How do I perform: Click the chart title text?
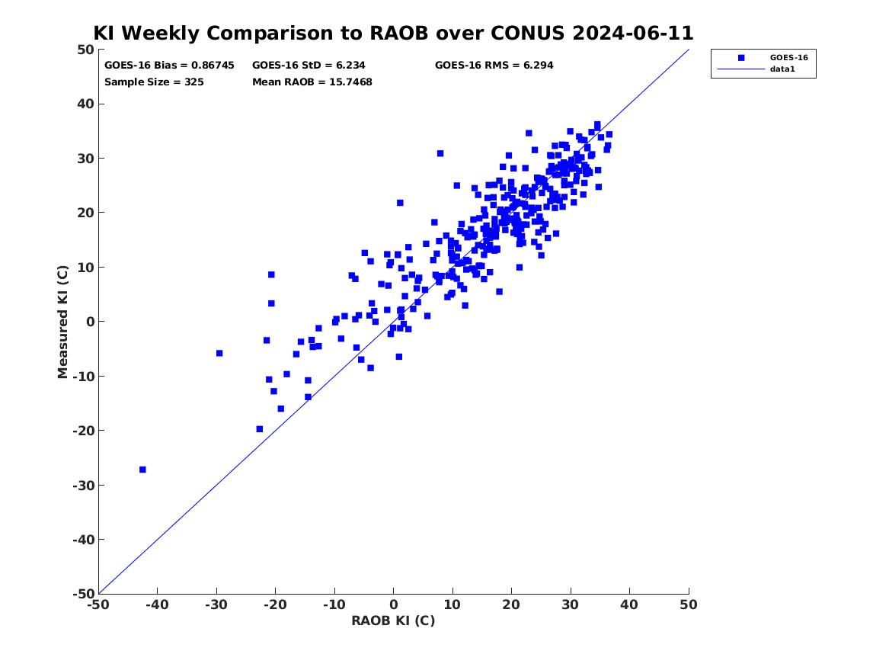[393, 33]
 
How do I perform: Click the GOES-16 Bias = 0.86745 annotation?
[169, 66]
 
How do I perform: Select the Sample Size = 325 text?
[154, 82]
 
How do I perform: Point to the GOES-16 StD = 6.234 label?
[309, 66]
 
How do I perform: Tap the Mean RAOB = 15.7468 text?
[312, 82]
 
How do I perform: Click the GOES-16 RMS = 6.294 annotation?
[494, 66]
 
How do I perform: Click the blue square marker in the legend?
[741, 57]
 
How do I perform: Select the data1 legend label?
[782, 69]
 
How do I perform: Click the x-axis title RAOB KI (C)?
[393, 621]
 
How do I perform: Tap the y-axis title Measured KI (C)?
[63, 322]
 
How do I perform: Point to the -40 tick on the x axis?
[157, 605]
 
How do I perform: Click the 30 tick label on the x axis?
[571, 605]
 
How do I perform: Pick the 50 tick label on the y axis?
[85, 50]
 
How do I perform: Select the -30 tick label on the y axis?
[83, 485]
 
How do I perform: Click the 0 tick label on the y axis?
[90, 322]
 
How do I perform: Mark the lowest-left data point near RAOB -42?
[143, 470]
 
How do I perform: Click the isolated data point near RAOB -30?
[219, 354]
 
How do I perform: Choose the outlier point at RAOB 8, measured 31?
[440, 154]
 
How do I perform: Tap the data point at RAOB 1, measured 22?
[400, 203]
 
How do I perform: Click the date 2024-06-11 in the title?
[633, 33]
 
